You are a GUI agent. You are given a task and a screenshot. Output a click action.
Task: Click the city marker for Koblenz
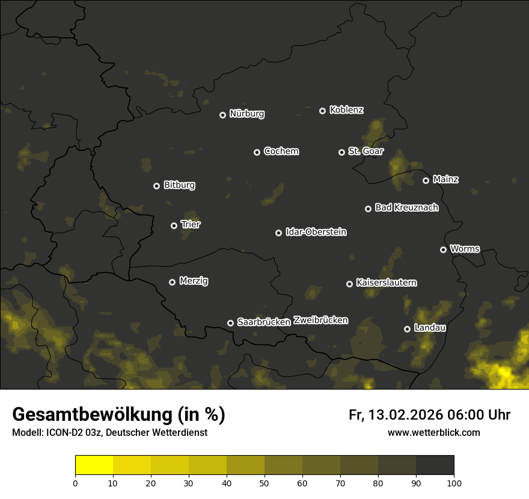tap(322, 111)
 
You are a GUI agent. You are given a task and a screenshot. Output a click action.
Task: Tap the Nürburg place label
tap(246, 114)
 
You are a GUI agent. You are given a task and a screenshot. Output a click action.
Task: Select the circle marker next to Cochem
tap(257, 152)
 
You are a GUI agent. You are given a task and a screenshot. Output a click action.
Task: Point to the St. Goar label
tap(365, 152)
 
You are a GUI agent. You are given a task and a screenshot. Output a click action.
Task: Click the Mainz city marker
tap(426, 180)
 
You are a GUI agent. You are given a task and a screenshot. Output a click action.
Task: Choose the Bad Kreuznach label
tap(406, 208)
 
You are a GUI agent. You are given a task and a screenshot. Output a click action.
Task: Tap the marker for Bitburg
tap(156, 186)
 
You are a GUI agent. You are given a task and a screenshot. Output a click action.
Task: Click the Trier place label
tap(191, 225)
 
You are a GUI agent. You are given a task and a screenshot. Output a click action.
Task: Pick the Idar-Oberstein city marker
tap(278, 233)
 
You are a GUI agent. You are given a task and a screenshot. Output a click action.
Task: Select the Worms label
tap(465, 249)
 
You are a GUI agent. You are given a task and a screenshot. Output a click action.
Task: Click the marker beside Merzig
tap(172, 282)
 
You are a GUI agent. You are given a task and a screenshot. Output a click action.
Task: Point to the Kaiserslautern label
tap(386, 283)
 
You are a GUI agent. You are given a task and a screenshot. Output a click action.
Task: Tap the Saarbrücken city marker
tap(230, 323)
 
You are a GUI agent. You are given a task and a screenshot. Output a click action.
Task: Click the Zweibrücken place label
tap(320, 320)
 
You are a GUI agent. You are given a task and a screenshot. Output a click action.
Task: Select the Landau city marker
tap(407, 329)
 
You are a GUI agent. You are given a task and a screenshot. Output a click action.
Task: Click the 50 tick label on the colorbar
tap(264, 483)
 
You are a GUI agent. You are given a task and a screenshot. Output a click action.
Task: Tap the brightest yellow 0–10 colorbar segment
tap(94, 465)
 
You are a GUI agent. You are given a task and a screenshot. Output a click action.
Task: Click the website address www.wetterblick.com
tap(433, 433)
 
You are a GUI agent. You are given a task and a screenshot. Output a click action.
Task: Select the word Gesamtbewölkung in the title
tap(90, 415)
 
